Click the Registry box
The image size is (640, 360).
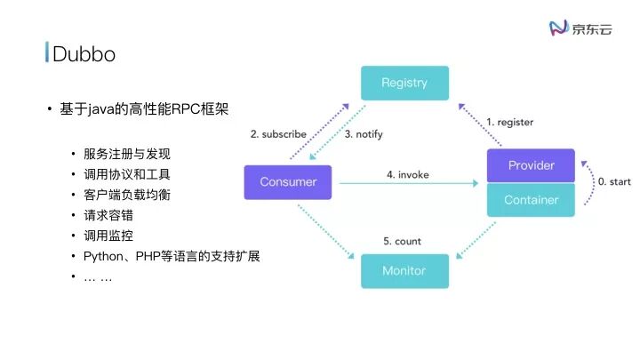404,83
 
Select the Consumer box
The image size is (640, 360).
287,182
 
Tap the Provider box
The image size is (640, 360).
531,165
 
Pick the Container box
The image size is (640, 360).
531,200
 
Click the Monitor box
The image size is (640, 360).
404,270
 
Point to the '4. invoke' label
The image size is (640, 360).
407,175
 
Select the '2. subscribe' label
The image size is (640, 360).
278,134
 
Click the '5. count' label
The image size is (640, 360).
402,241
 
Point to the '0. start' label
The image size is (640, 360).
613,181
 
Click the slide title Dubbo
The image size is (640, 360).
84,54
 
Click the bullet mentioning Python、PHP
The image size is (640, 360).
172,257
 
